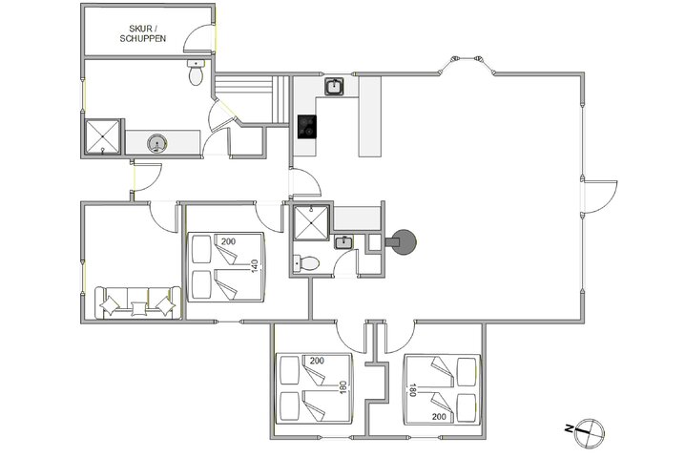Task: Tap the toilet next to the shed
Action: (197, 73)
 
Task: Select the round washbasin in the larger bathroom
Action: (155, 143)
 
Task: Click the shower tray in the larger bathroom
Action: (102, 135)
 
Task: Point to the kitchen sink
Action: (334, 89)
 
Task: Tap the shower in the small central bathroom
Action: (310, 225)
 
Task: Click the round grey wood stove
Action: (404, 242)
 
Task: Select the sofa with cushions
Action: (137, 301)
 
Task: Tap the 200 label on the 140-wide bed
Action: (227, 241)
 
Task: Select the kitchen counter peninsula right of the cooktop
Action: (370, 116)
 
